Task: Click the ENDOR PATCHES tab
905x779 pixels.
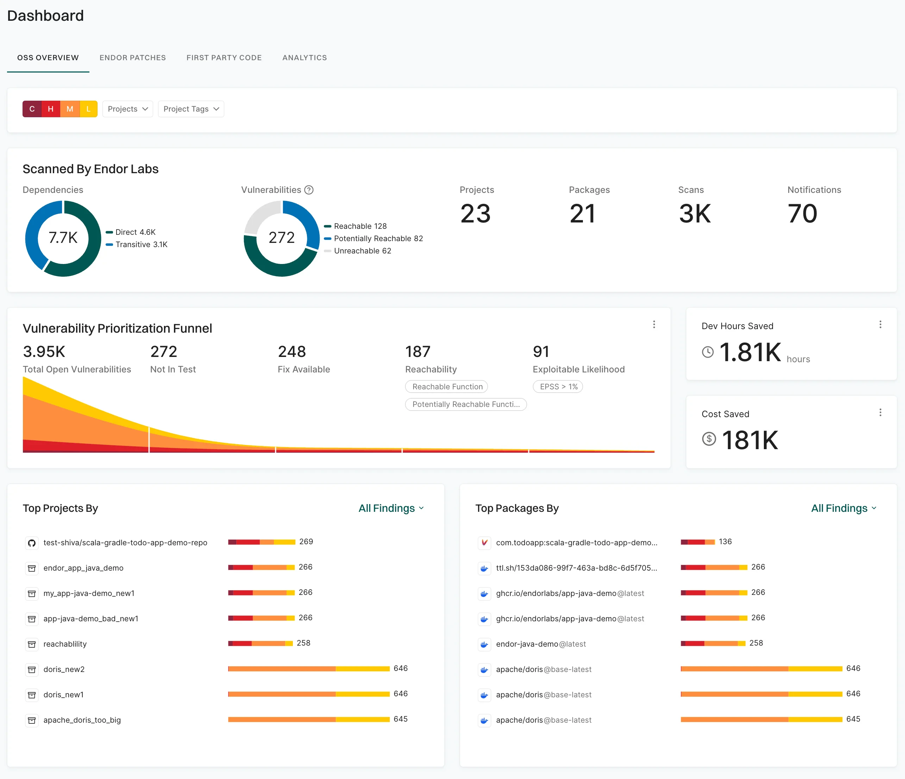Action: click(x=132, y=58)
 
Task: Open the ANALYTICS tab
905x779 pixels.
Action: click(x=304, y=58)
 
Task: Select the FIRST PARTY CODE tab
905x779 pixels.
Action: click(x=224, y=58)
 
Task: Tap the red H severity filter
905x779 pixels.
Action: click(x=51, y=109)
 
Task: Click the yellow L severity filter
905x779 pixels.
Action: click(x=89, y=109)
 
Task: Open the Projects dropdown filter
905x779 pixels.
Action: click(x=127, y=109)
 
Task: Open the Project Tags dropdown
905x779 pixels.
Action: click(x=191, y=109)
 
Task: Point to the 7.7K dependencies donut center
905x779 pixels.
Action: click(x=63, y=238)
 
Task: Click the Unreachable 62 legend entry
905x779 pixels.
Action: click(x=362, y=251)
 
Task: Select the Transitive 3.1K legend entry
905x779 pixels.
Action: click(x=141, y=245)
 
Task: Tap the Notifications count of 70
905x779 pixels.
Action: click(x=802, y=214)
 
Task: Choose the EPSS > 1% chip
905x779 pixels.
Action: click(x=558, y=387)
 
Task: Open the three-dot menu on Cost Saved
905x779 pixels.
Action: click(x=880, y=413)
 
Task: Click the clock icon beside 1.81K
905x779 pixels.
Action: click(x=708, y=352)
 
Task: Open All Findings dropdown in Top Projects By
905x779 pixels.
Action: click(x=391, y=508)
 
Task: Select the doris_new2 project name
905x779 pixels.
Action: click(x=64, y=669)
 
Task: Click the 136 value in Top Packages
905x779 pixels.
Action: click(x=725, y=542)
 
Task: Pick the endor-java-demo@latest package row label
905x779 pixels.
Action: click(x=541, y=644)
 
